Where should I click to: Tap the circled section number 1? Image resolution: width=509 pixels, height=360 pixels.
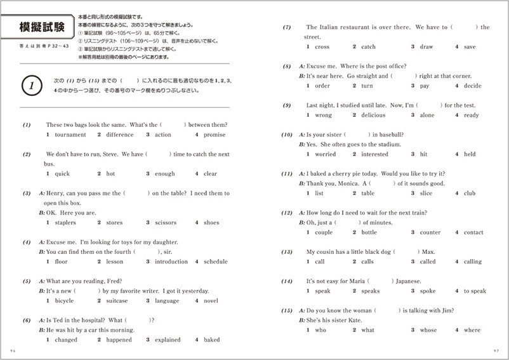(32, 85)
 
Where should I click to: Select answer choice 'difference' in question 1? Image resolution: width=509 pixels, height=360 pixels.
(119, 135)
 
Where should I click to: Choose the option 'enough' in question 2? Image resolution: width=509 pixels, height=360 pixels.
(164, 173)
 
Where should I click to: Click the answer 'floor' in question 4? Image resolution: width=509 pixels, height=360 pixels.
(61, 262)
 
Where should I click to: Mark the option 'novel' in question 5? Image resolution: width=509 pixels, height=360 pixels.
(211, 301)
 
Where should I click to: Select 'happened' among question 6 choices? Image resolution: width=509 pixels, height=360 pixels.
(119, 340)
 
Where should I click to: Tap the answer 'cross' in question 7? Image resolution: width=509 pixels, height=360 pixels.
(322, 47)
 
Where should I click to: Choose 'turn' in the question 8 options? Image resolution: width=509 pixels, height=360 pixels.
(367, 86)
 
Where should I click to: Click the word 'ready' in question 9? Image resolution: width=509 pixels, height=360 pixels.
(471, 115)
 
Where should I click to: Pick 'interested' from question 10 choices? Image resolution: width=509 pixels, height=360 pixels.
(374, 154)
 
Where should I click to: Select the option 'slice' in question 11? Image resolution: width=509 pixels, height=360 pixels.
(426, 193)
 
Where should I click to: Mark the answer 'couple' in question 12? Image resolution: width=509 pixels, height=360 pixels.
(324, 232)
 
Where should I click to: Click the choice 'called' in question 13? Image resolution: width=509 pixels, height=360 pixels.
(428, 262)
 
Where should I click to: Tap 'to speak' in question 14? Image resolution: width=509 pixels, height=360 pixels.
(475, 291)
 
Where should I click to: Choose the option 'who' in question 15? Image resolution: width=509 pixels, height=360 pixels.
(321, 330)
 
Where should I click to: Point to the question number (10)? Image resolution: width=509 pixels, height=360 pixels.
(287, 135)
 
